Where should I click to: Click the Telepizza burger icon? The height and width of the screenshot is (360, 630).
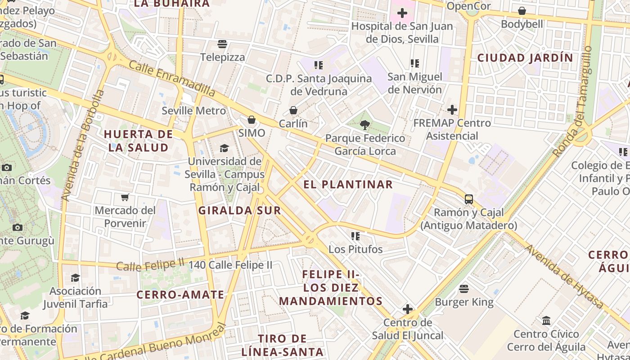pyautogui.click(x=222, y=44)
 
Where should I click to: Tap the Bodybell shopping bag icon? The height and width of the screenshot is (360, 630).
pyautogui.click(x=522, y=11)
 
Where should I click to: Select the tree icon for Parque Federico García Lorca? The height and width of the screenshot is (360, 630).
pyautogui.click(x=365, y=125)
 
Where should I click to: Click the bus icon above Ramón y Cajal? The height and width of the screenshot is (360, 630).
pyautogui.click(x=468, y=199)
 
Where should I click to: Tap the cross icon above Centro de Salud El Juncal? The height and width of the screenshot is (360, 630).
pyautogui.click(x=408, y=309)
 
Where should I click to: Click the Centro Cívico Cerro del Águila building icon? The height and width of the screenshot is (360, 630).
pyautogui.click(x=546, y=321)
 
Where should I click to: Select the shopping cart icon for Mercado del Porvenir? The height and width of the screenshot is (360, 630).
pyautogui.click(x=125, y=197)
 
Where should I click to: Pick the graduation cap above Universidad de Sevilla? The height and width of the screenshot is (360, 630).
pyautogui.click(x=224, y=148)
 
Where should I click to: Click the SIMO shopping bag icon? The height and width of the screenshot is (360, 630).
pyautogui.click(x=252, y=120)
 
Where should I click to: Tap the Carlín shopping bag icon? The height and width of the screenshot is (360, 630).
pyautogui.click(x=293, y=110)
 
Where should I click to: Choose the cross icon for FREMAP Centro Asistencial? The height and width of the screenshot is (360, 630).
pyautogui.click(x=452, y=109)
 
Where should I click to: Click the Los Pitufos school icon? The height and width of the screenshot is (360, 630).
pyautogui.click(x=355, y=236)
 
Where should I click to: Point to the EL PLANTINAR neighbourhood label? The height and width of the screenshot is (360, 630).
pyautogui.click(x=348, y=184)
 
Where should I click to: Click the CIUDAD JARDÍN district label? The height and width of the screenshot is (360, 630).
pyautogui.click(x=525, y=58)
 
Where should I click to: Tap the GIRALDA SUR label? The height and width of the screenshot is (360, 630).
pyautogui.click(x=239, y=210)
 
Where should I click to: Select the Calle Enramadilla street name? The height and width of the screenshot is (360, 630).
pyautogui.click(x=172, y=78)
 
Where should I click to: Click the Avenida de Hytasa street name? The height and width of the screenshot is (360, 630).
pyautogui.click(x=564, y=276)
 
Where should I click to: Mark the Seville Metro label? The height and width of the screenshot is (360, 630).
pyautogui.click(x=193, y=111)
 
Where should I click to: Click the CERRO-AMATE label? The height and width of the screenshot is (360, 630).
pyautogui.click(x=180, y=295)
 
